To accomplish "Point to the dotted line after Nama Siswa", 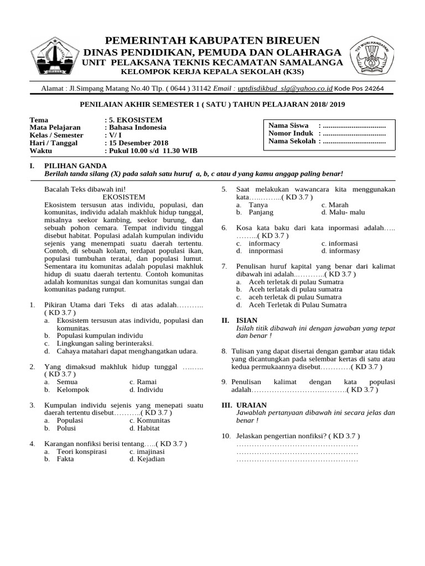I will coord(354,125).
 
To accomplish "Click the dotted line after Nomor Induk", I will coord(354,133).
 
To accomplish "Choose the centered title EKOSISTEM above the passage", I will coord(124,197).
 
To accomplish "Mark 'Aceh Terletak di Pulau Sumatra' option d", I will coord(297,305).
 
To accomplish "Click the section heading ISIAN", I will coord(246,321).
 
